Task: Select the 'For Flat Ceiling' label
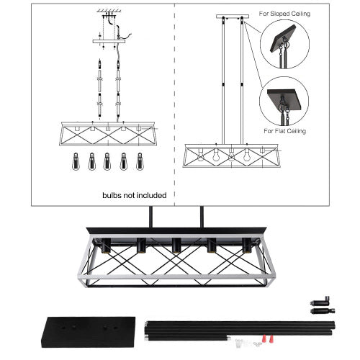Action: point(284,131)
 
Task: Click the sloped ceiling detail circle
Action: point(284,45)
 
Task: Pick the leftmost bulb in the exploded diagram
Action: point(74,161)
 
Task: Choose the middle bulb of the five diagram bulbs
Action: point(107,161)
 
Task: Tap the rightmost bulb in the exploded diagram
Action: point(138,161)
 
